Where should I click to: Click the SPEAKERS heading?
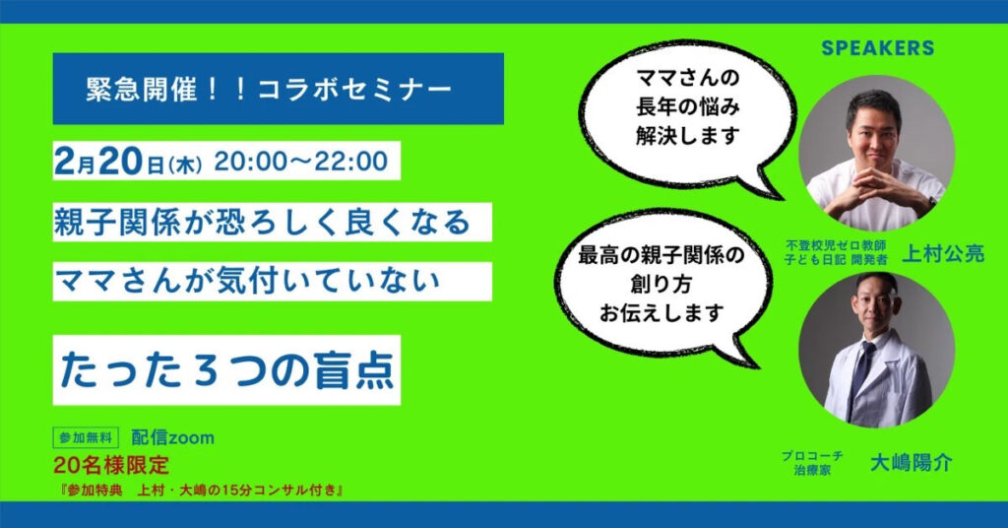pyautogui.click(x=877, y=47)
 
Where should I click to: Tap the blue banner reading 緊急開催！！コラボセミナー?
pyautogui.click(x=278, y=89)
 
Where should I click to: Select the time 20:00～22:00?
pyautogui.click(x=301, y=161)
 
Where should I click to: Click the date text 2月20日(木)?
pyautogui.click(x=128, y=161)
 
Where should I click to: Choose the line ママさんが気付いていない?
pyautogui.click(x=247, y=281)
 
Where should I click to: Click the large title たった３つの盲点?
pyautogui.click(x=226, y=369)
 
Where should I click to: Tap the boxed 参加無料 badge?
pyautogui.click(x=86, y=438)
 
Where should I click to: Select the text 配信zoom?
pyautogui.click(x=172, y=438)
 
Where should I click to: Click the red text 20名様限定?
pyautogui.click(x=111, y=465)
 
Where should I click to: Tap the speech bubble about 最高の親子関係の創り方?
pyautogui.click(x=662, y=287)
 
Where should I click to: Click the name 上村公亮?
pyautogui.click(x=943, y=254)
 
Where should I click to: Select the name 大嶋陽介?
pyautogui.click(x=911, y=462)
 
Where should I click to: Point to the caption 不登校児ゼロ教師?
pyautogui.click(x=836, y=245)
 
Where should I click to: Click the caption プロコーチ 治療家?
pyautogui.click(x=812, y=463)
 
